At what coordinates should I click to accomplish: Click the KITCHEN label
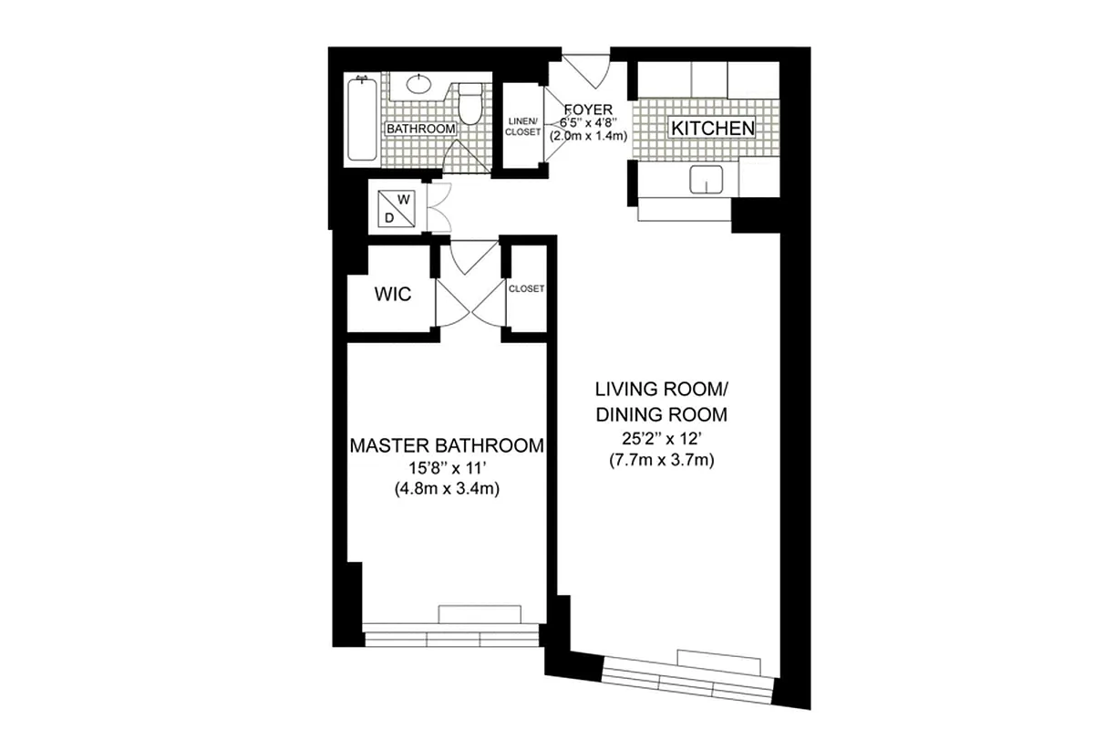[712, 129]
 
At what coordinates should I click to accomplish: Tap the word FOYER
[589, 110]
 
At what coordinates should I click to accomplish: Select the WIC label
[393, 295]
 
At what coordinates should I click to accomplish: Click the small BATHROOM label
[420, 130]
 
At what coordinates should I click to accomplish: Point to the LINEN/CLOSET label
[523, 127]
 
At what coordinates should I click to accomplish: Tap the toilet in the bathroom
[470, 104]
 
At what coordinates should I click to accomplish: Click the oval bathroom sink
[418, 86]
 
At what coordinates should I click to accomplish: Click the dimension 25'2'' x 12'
[661, 439]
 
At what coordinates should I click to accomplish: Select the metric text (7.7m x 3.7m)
[661, 461]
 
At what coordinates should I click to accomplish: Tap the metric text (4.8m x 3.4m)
[447, 490]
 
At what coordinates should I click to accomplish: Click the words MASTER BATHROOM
[447, 446]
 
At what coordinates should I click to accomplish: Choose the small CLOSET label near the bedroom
[526, 288]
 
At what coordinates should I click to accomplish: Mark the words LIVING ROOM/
[661, 390]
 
